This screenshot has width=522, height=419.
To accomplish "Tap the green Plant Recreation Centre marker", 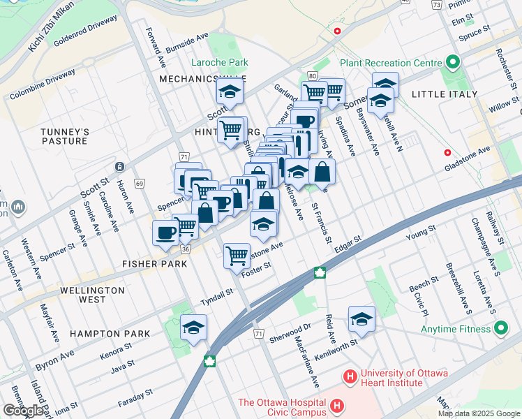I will coord(452,62).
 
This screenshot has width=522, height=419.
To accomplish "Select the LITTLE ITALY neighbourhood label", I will coord(444,94).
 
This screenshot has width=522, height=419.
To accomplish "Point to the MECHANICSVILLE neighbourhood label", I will coord(204,79).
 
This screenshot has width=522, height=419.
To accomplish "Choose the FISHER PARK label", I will coord(154,264).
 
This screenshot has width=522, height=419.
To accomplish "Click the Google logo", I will coord(22,411).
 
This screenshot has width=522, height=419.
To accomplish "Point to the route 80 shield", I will coord(312,75).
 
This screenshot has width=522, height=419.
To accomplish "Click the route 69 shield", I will coord(140,184).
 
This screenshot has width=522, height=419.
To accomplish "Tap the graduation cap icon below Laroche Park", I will coord(228,91).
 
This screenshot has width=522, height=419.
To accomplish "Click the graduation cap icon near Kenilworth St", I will coord(361,318).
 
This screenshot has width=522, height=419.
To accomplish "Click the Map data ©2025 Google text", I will coord(478,413).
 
